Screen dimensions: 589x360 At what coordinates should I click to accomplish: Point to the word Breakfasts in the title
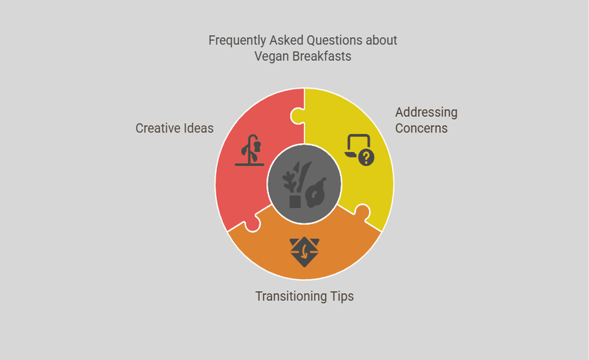322,56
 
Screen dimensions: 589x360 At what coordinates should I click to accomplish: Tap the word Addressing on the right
426,112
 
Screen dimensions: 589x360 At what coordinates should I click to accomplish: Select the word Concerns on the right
421,128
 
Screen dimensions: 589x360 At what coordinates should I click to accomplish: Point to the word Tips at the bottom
342,297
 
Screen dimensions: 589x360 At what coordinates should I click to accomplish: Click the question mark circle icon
366,157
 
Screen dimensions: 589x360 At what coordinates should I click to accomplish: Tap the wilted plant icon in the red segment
250,150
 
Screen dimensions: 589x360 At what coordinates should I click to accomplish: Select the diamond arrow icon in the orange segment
305,252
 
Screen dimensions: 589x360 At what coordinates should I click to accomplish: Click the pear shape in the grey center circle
316,193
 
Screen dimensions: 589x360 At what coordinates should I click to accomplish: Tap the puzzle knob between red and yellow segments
297,116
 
